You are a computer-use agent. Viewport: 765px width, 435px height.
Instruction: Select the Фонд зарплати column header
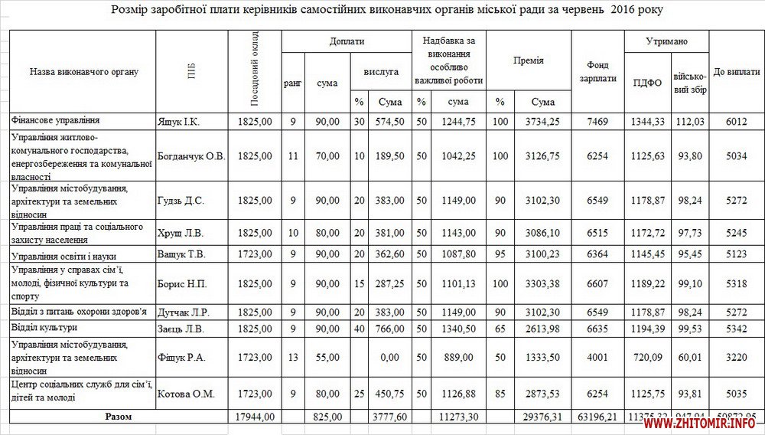(597, 72)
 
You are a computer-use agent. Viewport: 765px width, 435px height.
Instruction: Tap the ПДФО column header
(647, 83)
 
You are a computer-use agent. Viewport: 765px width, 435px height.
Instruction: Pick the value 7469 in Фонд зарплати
(597, 122)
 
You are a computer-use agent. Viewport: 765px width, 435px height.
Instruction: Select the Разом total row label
(118, 417)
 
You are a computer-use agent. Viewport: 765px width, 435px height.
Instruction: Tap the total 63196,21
(597, 417)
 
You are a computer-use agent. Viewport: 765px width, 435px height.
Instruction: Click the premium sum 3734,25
(542, 122)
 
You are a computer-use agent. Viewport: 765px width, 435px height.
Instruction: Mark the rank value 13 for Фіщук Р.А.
(292, 357)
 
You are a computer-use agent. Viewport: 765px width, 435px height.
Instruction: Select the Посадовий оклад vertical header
(255, 71)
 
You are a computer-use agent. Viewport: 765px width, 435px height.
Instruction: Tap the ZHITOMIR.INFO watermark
(715, 422)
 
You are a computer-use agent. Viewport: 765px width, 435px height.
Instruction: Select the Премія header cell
(529, 60)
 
